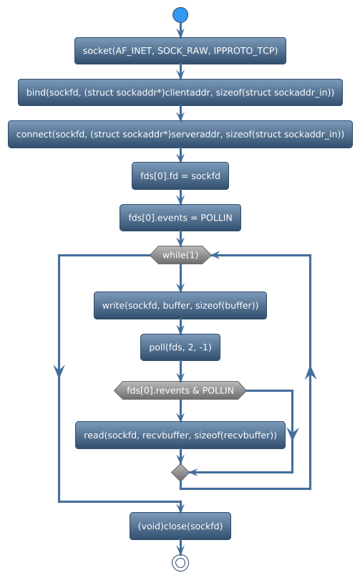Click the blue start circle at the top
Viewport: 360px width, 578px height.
click(180, 15)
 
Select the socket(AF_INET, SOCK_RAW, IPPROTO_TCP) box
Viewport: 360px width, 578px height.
click(180, 51)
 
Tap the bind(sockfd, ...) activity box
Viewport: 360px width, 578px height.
click(180, 92)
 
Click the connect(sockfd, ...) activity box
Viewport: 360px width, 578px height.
click(180, 134)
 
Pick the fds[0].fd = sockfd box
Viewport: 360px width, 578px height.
click(180, 175)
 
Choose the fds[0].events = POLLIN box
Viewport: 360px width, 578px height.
click(180, 216)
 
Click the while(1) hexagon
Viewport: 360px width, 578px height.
click(180, 255)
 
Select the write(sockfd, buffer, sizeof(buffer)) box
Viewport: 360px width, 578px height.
click(180, 305)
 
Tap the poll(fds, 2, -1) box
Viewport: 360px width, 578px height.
click(180, 347)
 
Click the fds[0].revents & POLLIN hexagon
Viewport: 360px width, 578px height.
click(180, 390)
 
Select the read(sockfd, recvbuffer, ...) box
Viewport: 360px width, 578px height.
click(180, 435)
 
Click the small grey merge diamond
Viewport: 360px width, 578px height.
click(180, 472)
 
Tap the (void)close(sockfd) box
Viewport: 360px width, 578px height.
click(180, 526)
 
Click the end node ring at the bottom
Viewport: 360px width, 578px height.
click(180, 562)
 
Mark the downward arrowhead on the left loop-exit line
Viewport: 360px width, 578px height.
click(59, 370)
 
